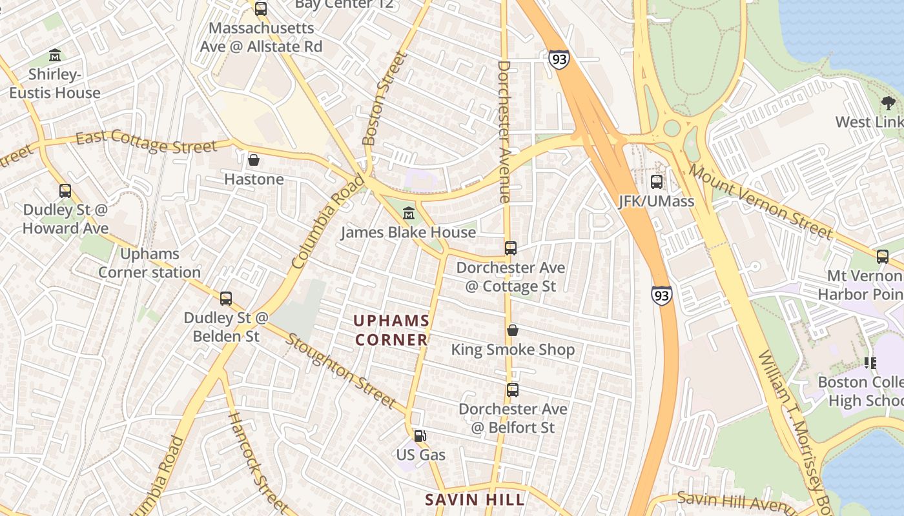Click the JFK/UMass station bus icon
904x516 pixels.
coord(657,182)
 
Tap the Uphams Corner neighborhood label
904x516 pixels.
coord(391,330)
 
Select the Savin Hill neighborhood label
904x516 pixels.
coord(475,499)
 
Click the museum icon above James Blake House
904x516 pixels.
coord(408,213)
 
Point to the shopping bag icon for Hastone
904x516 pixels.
coord(254,159)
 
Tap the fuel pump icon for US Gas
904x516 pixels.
coord(420,435)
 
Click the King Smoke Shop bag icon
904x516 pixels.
coord(513,330)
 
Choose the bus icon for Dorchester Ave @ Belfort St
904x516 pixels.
coord(513,390)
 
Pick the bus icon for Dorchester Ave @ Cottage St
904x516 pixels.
coord(511,248)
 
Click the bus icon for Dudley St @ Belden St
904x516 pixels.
coord(226,298)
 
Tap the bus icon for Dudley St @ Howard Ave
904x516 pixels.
coord(65,191)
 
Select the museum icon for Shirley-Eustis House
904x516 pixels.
coord(55,55)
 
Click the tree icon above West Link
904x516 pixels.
coord(889,103)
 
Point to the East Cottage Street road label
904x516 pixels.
coord(146,142)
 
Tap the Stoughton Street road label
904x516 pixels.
coord(340,370)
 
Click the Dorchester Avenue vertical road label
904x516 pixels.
coord(504,132)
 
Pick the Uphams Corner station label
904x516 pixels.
coord(149,263)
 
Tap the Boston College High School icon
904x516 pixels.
coord(870,363)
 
